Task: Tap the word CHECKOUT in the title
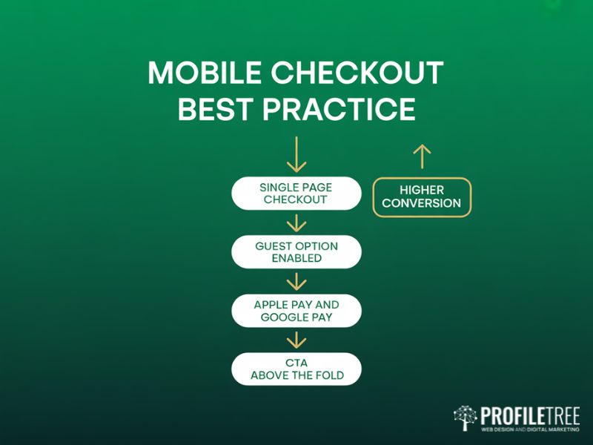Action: (x=356, y=74)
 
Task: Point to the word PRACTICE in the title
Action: (x=338, y=109)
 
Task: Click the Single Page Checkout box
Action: (x=296, y=194)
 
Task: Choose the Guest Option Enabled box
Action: (x=296, y=252)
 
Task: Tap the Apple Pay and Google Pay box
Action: (x=296, y=311)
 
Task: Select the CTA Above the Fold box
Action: (x=296, y=369)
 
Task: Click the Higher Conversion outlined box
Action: (x=422, y=197)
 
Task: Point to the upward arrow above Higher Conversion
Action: (x=421, y=156)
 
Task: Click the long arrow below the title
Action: (x=296, y=154)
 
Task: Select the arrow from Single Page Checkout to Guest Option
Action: (x=296, y=222)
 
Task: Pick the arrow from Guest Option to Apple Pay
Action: (x=296, y=281)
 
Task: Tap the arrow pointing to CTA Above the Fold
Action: (x=296, y=340)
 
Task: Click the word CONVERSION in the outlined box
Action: (x=422, y=203)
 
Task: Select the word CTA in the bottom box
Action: (x=296, y=363)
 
